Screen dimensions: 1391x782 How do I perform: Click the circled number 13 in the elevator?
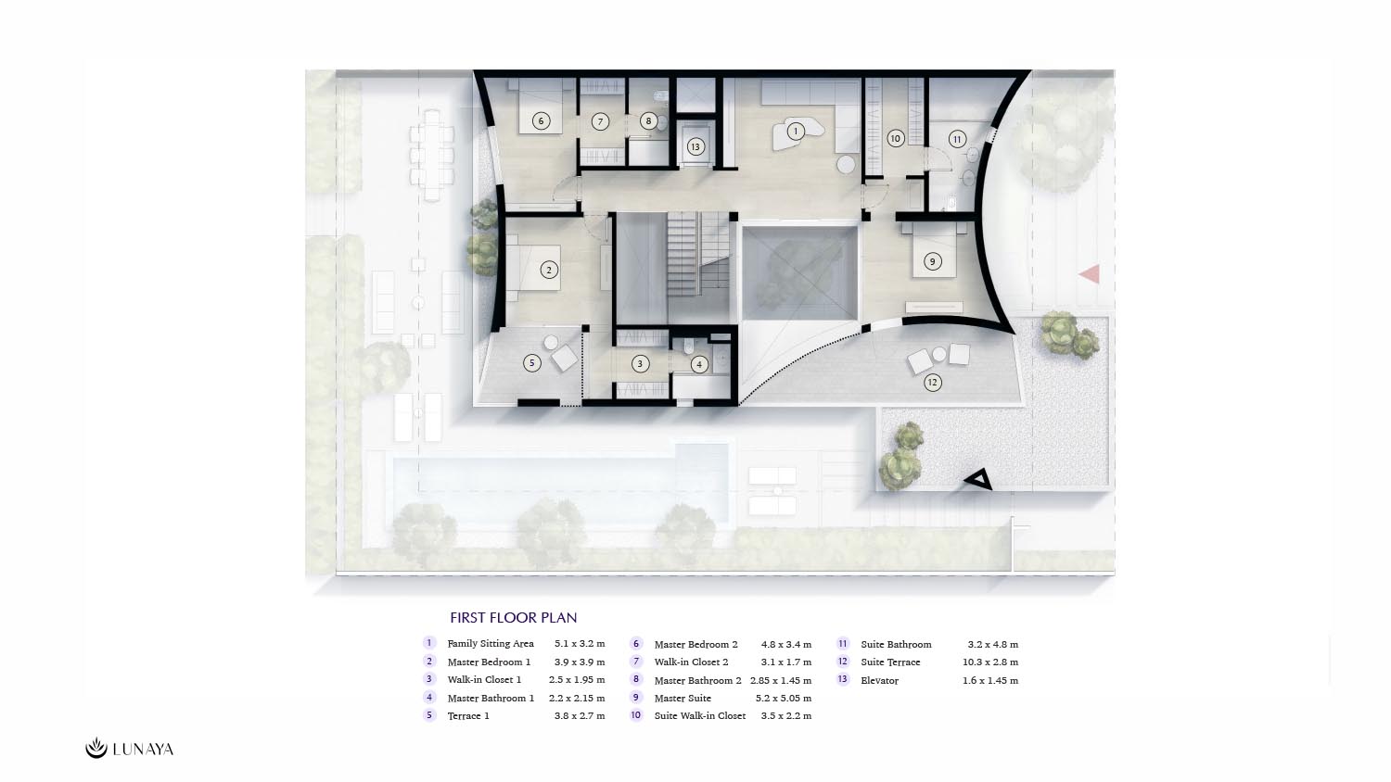coord(695,147)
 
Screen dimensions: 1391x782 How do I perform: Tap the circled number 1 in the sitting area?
coord(796,131)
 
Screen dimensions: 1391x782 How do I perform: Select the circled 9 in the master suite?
coord(932,261)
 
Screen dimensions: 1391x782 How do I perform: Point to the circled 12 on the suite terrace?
coord(932,383)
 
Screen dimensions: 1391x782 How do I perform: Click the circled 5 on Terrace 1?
coord(531,363)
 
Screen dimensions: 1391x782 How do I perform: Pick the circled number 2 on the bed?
coord(548,270)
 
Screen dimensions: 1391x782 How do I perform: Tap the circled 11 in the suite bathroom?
coord(957,140)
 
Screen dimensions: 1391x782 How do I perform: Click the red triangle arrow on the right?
coord(1091,274)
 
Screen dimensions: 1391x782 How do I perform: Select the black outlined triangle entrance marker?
coord(978,480)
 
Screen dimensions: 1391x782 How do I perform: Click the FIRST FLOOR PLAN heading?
coord(514,617)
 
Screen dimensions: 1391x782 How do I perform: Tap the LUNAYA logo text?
coord(143,749)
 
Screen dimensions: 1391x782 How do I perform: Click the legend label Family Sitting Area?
coord(491,644)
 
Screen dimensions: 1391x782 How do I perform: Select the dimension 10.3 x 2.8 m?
coord(990,662)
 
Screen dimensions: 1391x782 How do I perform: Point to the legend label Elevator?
coord(879,680)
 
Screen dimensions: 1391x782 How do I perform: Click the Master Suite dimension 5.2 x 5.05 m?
coord(784,699)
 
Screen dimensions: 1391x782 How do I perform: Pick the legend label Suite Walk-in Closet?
coord(700,715)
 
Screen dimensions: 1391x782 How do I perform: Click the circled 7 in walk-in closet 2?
coord(600,121)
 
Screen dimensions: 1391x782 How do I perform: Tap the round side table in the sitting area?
coord(846,165)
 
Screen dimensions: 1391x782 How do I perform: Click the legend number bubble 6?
coord(636,644)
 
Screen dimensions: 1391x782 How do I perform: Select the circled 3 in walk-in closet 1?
coord(640,364)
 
